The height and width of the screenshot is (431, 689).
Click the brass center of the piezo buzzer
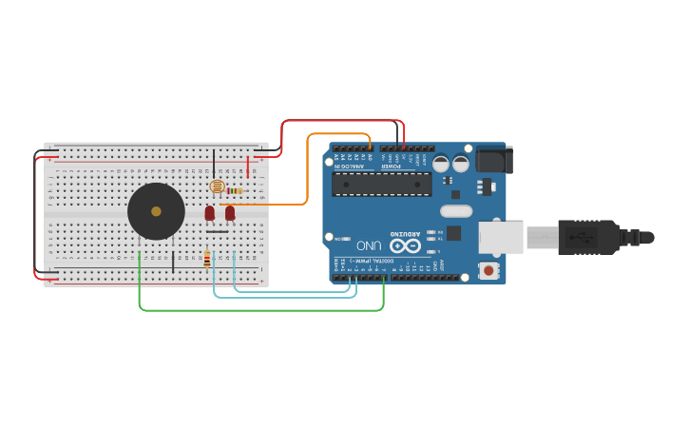coord(156,211)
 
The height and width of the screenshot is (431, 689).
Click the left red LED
coord(210,213)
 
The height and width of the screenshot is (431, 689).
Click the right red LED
coord(230,213)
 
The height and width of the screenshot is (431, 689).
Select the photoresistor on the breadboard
coord(216,186)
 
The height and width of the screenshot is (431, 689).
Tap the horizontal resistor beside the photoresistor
coord(234,190)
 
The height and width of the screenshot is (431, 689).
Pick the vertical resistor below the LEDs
coord(207,259)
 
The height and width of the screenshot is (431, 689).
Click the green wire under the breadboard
coord(261,310)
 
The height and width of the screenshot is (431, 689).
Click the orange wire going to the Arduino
coord(307,171)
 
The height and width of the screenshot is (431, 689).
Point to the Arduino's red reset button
coord(488,271)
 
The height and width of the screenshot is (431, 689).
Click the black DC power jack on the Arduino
coord(493,159)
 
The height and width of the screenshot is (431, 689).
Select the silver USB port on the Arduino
coord(500,238)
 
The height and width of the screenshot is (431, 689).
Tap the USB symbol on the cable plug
coord(578,237)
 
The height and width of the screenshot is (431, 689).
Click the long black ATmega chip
coord(381,184)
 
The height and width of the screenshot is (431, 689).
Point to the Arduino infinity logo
coord(404,245)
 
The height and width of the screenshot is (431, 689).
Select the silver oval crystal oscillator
coord(456,211)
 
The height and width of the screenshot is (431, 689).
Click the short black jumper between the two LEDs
coord(218,231)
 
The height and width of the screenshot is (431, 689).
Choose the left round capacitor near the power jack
coord(442,164)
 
